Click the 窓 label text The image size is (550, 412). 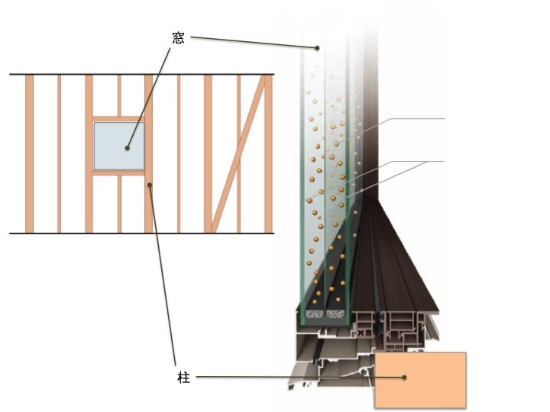(x=178, y=38)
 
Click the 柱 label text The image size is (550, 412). (x=183, y=378)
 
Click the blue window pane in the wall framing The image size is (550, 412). (x=119, y=146)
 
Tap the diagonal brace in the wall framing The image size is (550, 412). (x=238, y=154)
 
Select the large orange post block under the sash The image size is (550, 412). (x=421, y=380)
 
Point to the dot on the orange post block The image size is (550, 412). (x=404, y=378)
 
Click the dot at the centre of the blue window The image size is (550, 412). (x=128, y=148)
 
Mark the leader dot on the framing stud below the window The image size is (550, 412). (x=150, y=185)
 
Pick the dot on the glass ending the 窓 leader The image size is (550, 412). (x=317, y=48)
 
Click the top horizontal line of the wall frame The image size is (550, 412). (x=142, y=74)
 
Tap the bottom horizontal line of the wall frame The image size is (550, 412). (x=142, y=233)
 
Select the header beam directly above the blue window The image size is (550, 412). (x=118, y=119)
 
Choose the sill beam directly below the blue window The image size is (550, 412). (x=118, y=172)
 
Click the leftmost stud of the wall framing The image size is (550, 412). (x=30, y=153)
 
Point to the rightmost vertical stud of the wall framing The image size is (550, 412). (x=268, y=153)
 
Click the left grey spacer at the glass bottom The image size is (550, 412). (x=314, y=314)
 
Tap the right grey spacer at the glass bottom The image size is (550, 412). (x=335, y=314)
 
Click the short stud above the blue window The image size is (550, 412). (x=119, y=95)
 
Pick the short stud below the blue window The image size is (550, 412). (x=119, y=204)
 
